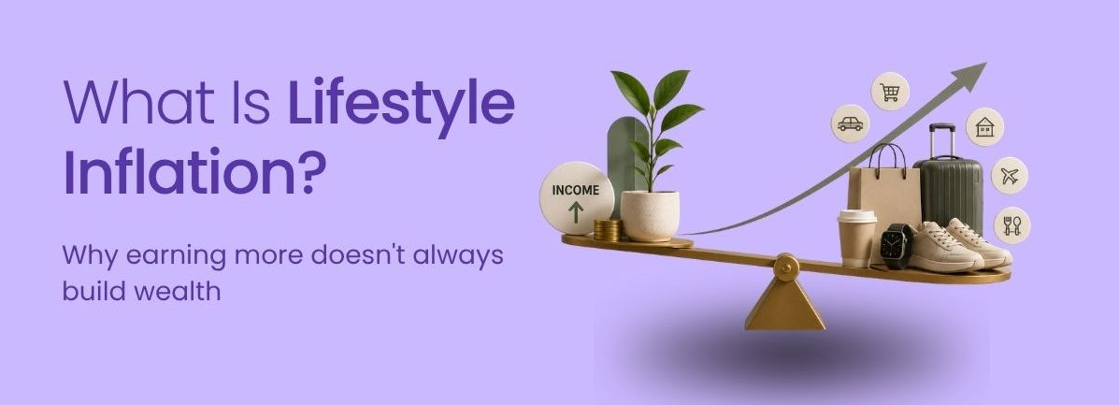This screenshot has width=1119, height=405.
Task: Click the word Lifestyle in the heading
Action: (401, 104)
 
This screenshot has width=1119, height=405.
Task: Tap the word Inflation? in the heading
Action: (194, 172)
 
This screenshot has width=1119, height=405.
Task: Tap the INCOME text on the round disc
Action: (575, 190)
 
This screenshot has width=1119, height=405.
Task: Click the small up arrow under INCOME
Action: (576, 212)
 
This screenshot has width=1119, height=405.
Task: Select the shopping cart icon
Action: (889, 93)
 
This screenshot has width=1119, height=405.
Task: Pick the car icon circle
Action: (850, 123)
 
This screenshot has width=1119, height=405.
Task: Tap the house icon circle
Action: (984, 127)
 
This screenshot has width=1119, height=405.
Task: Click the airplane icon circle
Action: (1009, 176)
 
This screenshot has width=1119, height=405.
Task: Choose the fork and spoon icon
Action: (1011, 225)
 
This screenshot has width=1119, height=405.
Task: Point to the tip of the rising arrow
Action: (986, 63)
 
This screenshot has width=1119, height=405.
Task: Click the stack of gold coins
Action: (608, 230)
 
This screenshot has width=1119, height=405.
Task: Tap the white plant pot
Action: (650, 216)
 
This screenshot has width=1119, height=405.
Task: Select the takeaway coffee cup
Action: (857, 239)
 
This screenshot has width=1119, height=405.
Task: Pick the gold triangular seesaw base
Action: (785, 303)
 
